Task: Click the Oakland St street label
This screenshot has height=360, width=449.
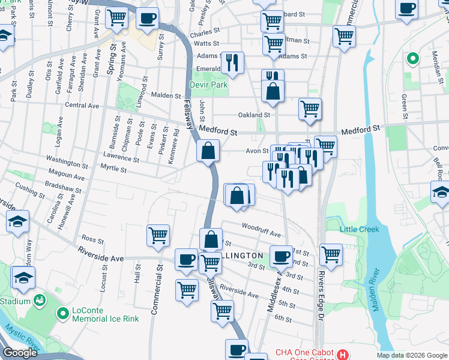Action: [254, 115]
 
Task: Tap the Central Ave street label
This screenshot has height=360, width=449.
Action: [82, 106]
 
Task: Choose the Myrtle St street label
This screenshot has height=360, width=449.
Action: [113, 169]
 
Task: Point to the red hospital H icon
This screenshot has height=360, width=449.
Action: [343, 355]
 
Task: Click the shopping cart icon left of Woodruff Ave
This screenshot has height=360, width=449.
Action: [158, 235]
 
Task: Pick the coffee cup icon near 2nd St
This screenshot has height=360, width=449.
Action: [280, 256]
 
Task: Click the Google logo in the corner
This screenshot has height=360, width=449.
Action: [20, 353]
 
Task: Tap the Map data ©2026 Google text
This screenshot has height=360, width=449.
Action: [411, 355]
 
